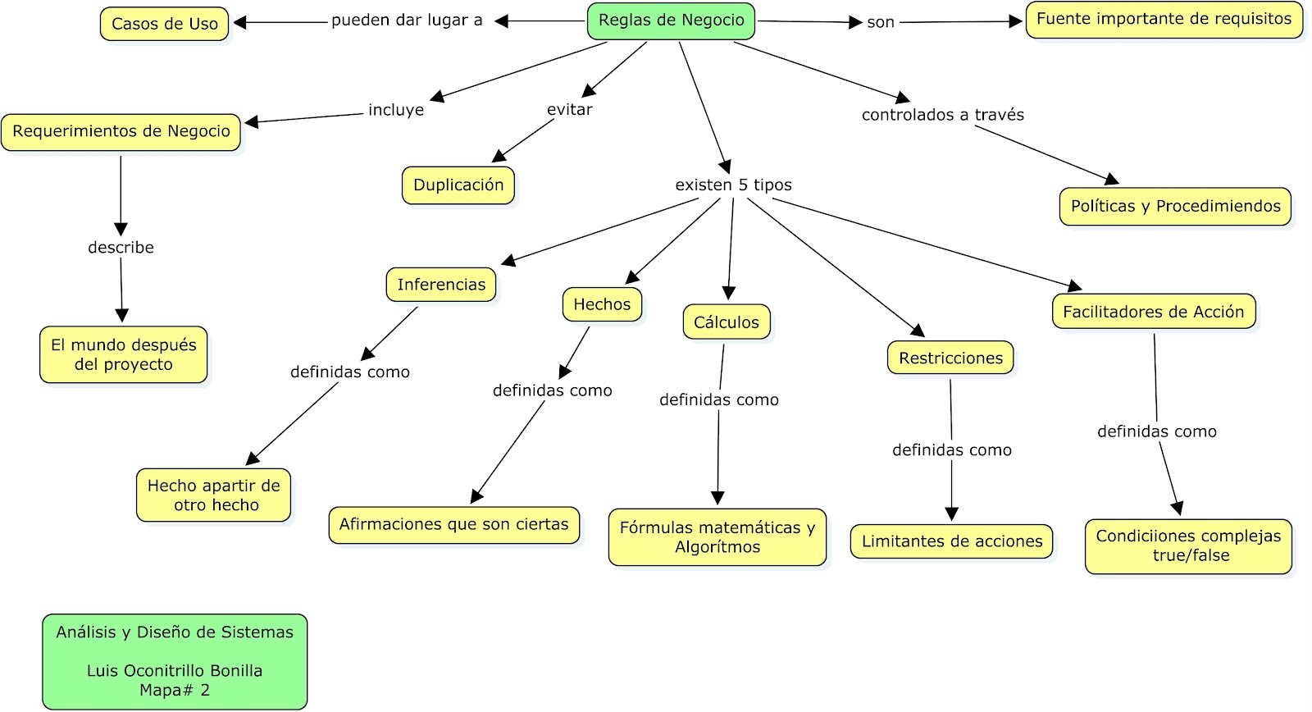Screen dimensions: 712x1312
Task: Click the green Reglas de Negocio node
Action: (x=671, y=21)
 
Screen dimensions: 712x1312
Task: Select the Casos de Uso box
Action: (x=165, y=24)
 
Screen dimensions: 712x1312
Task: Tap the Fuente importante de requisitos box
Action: (x=1164, y=20)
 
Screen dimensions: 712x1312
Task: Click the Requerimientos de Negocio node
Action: (x=121, y=132)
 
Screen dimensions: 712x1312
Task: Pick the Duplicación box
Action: (x=458, y=185)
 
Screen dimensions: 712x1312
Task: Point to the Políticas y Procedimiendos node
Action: (x=1175, y=207)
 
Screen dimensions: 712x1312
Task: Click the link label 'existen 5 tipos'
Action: (x=733, y=185)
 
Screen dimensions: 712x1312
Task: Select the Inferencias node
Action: (x=441, y=285)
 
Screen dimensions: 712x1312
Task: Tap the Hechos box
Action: (x=602, y=304)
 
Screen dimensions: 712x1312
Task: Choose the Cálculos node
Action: (x=727, y=322)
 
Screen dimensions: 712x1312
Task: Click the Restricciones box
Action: (x=950, y=358)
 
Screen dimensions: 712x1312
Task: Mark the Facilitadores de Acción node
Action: (x=1153, y=312)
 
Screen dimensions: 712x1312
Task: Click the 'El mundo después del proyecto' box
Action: (x=124, y=355)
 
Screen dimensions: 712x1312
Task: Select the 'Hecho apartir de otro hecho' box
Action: (x=214, y=495)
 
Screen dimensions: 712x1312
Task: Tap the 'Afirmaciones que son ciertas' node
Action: (x=453, y=525)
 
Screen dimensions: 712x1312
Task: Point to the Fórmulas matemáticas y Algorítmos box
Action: (x=717, y=537)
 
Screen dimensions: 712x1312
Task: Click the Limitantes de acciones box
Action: (x=951, y=541)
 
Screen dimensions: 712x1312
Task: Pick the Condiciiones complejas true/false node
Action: (x=1188, y=545)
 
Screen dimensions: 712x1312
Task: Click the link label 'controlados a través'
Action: (x=942, y=116)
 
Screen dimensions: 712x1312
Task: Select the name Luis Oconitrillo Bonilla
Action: (x=175, y=671)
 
